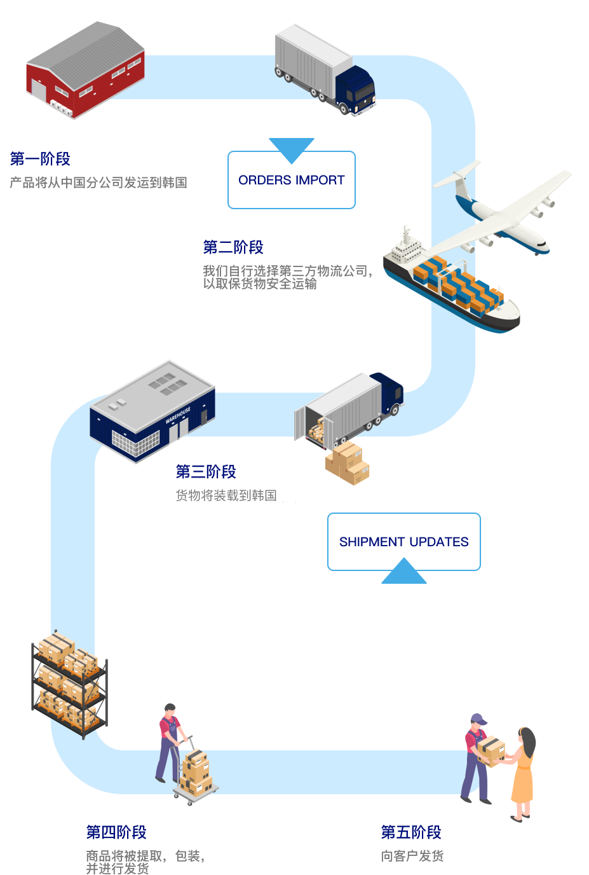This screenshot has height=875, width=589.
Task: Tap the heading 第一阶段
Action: (40, 159)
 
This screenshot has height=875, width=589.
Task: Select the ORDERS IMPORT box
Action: (292, 181)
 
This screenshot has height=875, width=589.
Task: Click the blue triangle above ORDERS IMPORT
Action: (292, 148)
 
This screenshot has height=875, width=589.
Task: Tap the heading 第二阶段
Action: (233, 247)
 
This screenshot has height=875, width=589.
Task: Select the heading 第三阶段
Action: (206, 472)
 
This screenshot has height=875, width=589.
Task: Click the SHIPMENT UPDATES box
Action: (404, 542)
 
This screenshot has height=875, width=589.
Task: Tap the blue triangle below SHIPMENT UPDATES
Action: (404, 573)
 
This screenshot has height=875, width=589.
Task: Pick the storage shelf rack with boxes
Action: (69, 684)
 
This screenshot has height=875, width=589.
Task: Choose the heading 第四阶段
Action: (116, 832)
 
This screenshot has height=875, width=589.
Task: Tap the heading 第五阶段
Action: (411, 832)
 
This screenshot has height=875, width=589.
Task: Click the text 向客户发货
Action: (412, 857)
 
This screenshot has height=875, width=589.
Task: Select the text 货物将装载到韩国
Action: (226, 496)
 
